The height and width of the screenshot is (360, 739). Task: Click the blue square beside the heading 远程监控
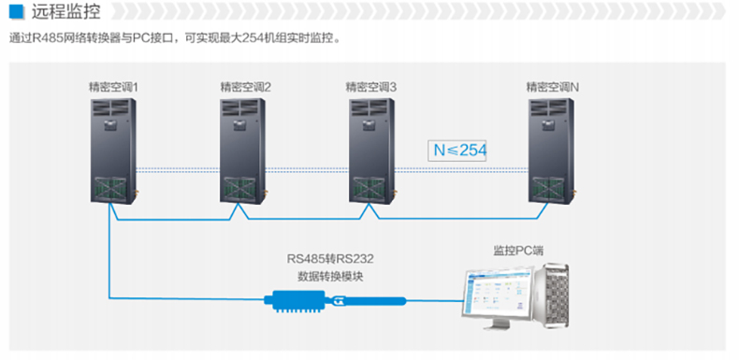coord(16,11)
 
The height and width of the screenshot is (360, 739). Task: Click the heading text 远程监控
coord(66,12)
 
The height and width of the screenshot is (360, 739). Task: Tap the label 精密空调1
coord(113,87)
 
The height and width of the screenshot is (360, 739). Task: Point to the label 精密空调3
coord(371,87)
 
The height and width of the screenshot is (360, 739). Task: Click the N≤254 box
coord(456,151)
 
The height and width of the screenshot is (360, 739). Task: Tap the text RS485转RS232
coord(330,259)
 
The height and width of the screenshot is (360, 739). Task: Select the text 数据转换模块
coord(330,277)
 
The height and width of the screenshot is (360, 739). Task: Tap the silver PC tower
coord(551,295)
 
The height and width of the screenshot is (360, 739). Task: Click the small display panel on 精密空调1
coord(109,123)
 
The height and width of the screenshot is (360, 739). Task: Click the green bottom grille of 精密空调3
coord(371,189)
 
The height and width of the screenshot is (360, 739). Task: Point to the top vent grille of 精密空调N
coord(548,108)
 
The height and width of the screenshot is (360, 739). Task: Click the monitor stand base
coord(494,326)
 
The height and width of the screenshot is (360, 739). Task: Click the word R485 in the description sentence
coord(46,38)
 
